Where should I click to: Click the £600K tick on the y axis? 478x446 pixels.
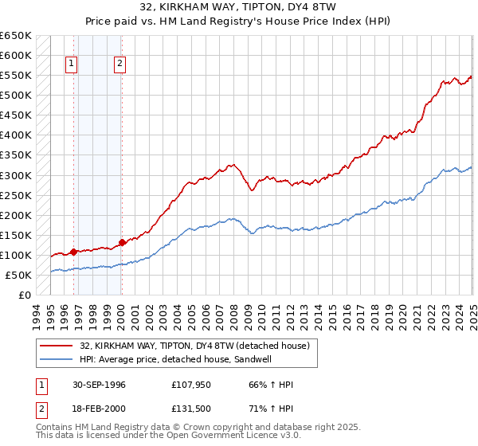point(16,56)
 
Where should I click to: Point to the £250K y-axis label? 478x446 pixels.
point(16,195)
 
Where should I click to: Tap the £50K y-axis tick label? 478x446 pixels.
point(19,275)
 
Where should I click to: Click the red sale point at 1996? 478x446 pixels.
point(73,252)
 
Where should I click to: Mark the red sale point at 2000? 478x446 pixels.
point(122,242)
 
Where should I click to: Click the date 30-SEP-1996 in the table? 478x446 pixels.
point(99,385)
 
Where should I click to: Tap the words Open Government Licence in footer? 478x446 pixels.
point(217,436)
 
